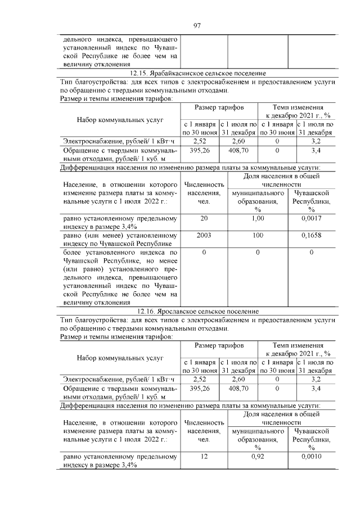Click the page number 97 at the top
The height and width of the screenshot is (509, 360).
(197, 25)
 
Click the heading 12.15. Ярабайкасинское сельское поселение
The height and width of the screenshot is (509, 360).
(197, 74)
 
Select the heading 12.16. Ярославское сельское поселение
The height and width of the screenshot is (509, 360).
(197, 311)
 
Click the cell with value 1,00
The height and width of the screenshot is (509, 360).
(258, 218)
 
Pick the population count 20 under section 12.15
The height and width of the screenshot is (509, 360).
(204, 218)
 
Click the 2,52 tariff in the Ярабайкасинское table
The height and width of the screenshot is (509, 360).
(200, 141)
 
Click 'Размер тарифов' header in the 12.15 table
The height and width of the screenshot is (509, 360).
(219, 107)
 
